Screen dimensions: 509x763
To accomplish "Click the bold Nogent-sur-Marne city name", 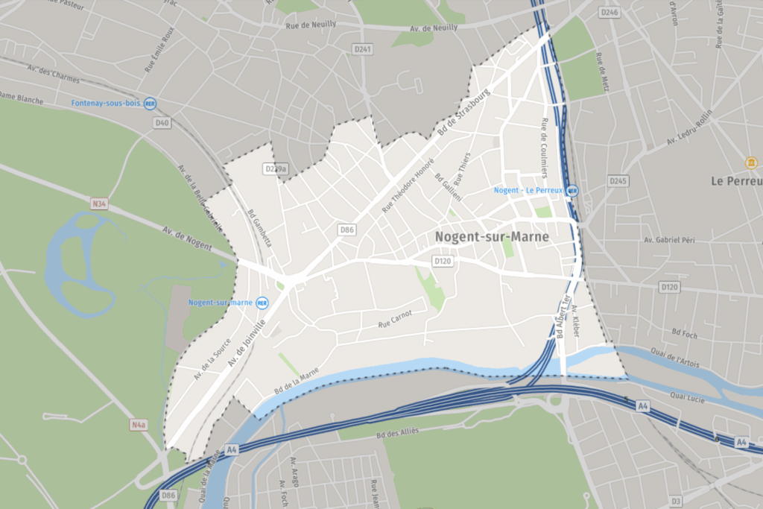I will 492,237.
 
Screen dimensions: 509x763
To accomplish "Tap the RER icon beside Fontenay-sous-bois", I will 151,104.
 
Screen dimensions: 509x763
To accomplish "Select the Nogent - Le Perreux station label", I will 530,191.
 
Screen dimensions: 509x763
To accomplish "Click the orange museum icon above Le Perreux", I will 751,162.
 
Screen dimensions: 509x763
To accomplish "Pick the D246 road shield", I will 610,13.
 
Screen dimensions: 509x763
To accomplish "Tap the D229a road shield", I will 276,169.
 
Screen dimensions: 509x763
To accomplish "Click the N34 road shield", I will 100,203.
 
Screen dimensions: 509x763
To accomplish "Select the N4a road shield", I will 139,425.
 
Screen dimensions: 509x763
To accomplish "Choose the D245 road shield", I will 618,181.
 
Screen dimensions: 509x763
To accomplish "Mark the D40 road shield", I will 162,122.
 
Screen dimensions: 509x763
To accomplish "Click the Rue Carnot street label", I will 395,319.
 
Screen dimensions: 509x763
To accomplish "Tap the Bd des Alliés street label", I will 398,431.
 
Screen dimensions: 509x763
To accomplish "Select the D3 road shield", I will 676,501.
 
